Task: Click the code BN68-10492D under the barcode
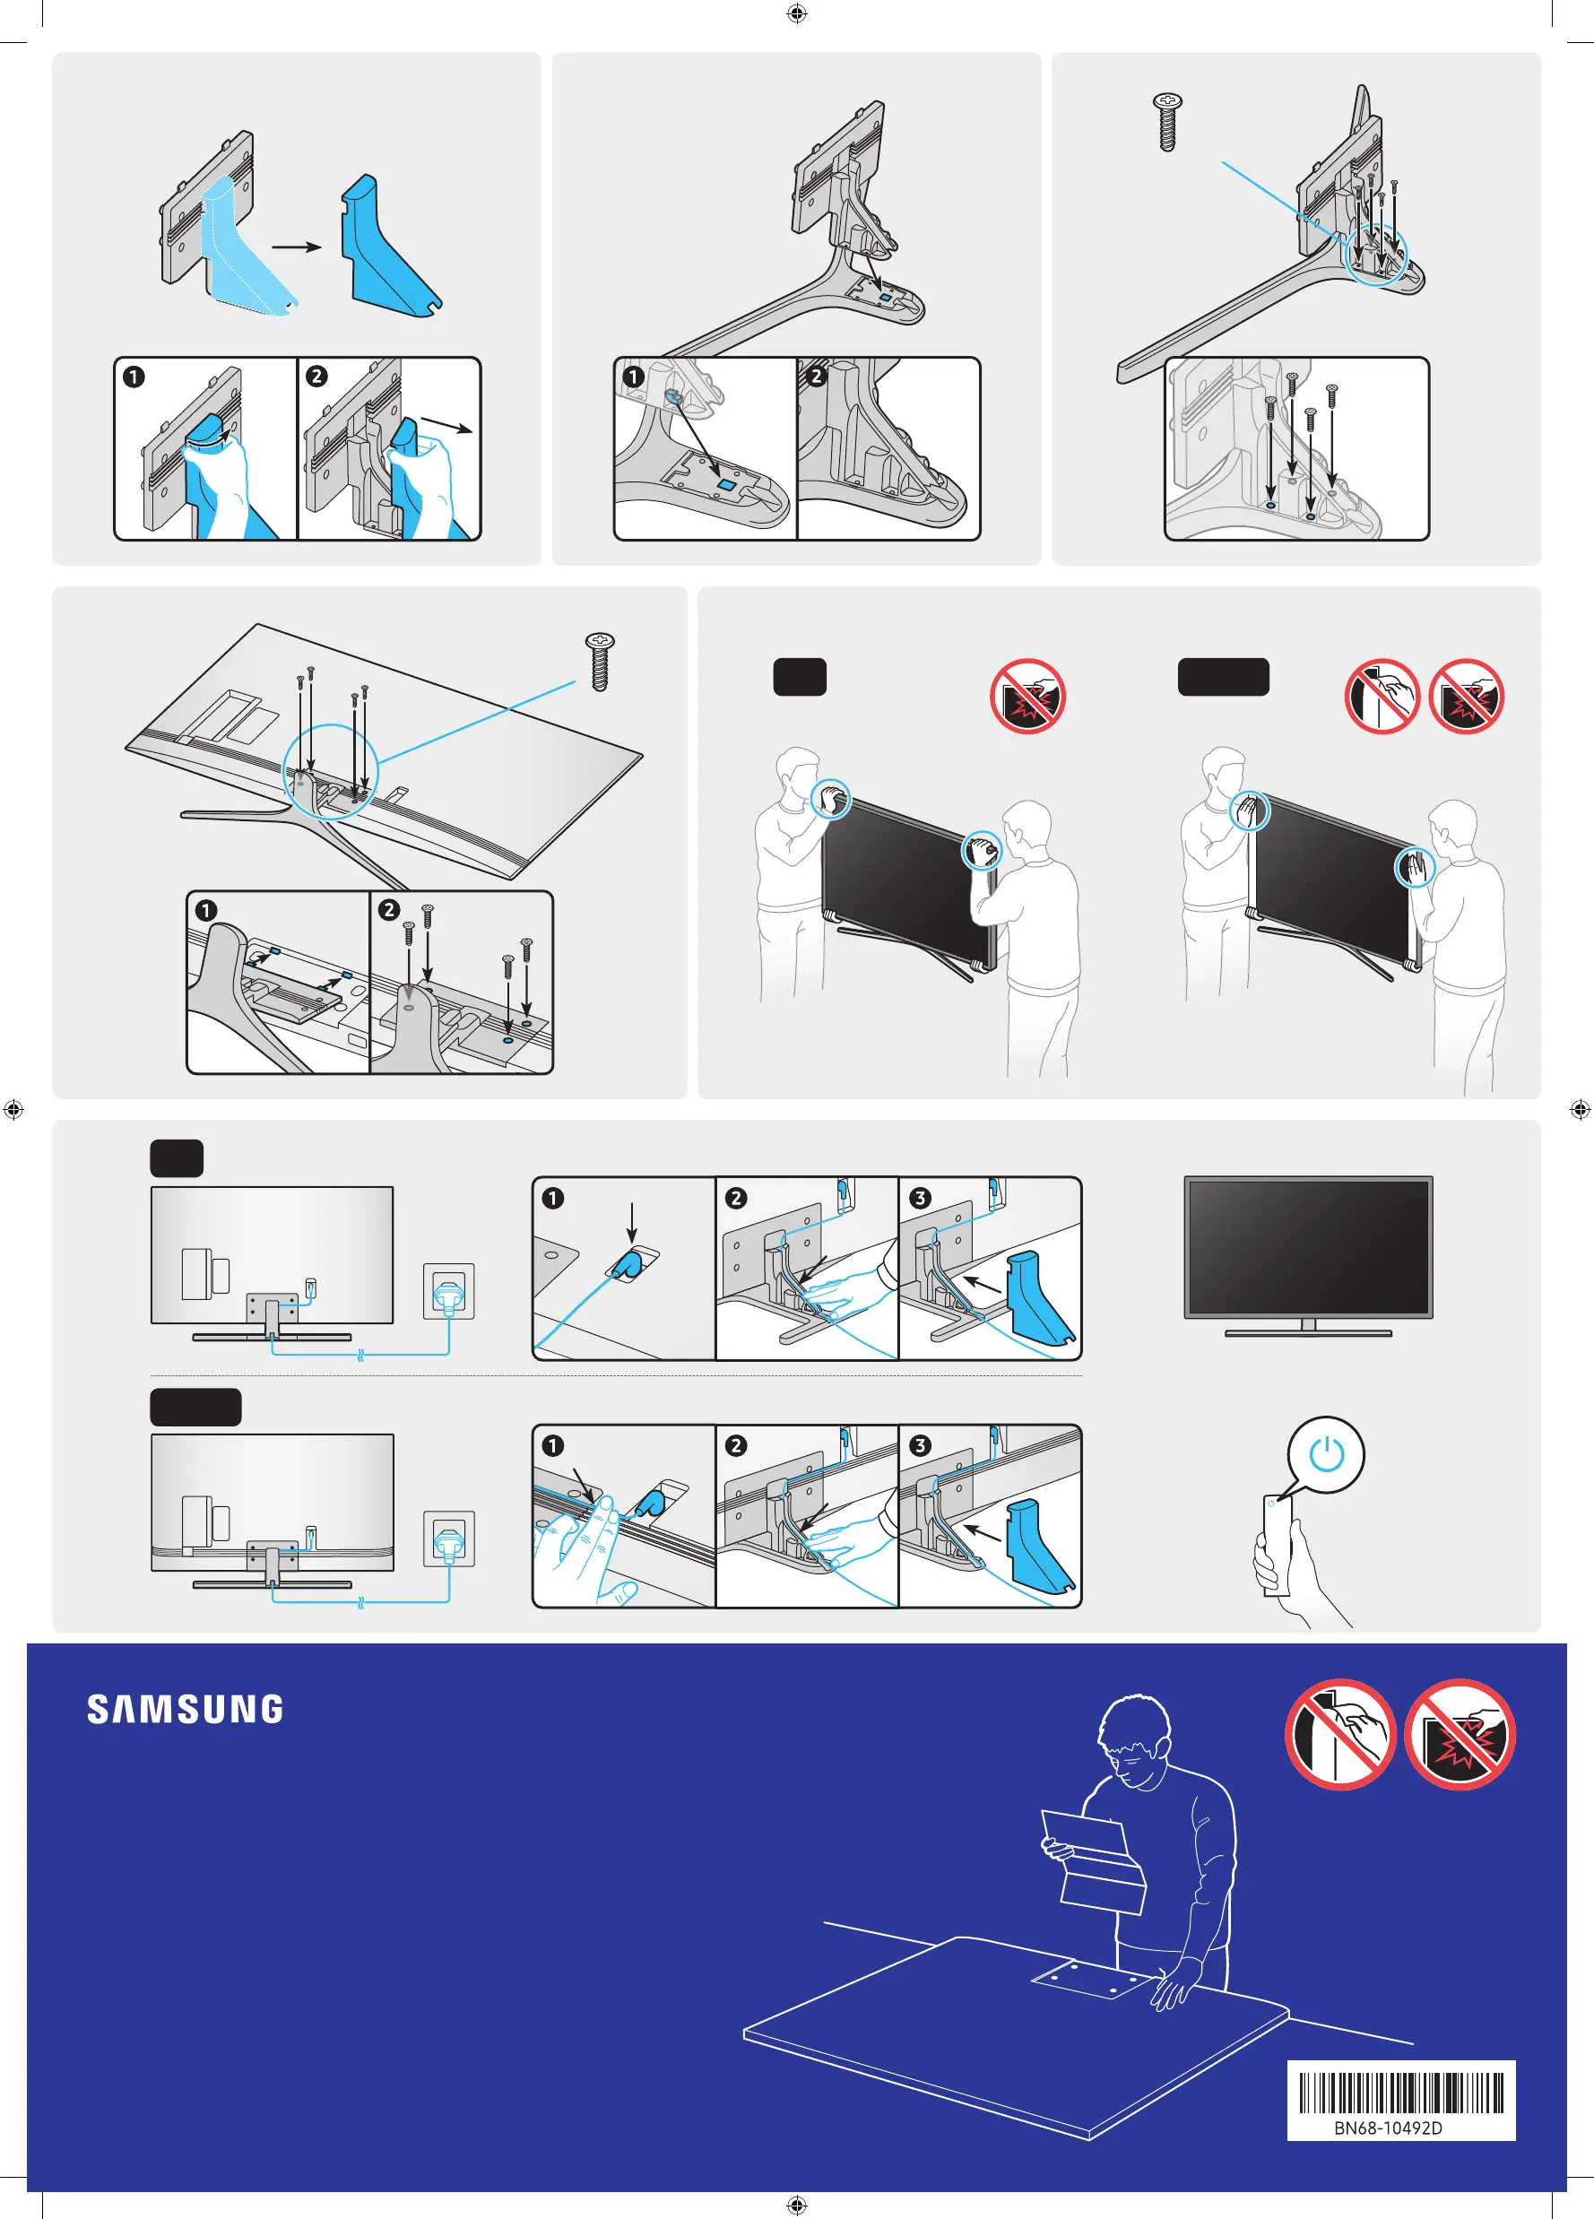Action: point(1388,2128)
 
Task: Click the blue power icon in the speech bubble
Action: point(1326,1454)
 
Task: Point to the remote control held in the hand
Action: point(1277,1545)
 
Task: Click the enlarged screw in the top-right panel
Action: point(1166,121)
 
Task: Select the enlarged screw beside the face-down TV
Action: point(599,662)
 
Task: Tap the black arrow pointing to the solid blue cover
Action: point(297,247)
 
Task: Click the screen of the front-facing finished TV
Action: point(1308,1246)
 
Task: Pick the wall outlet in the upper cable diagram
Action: point(448,1290)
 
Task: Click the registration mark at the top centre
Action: point(796,13)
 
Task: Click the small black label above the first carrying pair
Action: point(800,676)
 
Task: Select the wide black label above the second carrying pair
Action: point(1223,676)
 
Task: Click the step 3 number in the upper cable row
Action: point(920,1198)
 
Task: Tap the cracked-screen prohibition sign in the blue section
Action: point(1459,1734)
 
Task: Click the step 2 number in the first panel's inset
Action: point(316,377)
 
